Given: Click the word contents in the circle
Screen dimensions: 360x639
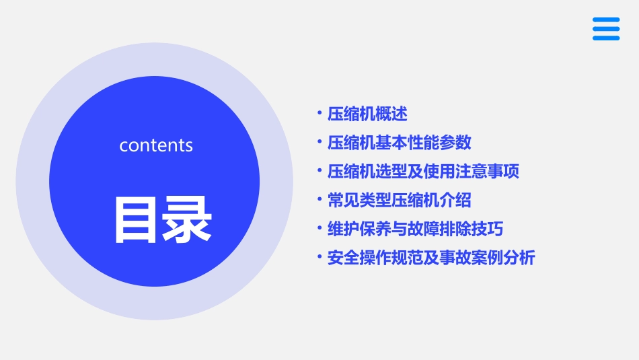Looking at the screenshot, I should point(156,145).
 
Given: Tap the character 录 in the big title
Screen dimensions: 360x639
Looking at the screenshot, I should point(187,219).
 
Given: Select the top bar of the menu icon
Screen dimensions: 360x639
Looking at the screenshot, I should point(606,20).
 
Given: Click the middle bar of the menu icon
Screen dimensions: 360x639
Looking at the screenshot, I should point(606,29).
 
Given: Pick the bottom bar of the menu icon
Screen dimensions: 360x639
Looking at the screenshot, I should point(606,38).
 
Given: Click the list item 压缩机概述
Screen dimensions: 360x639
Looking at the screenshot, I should point(367,114).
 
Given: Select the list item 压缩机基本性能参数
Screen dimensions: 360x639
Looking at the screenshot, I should point(400,143).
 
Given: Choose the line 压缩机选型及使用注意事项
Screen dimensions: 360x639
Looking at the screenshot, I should point(423,172).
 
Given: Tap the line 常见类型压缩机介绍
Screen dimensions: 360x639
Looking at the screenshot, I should point(400,201).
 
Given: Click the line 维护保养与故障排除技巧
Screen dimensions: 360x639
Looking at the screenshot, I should point(415,229).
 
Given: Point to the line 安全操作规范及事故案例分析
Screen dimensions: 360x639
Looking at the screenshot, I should point(431,258).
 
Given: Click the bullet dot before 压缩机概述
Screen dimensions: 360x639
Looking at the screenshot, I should point(319,114).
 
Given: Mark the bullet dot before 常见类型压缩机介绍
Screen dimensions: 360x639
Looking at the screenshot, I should point(319,201).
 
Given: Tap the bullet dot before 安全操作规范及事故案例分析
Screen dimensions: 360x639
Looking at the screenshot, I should point(319,258).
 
